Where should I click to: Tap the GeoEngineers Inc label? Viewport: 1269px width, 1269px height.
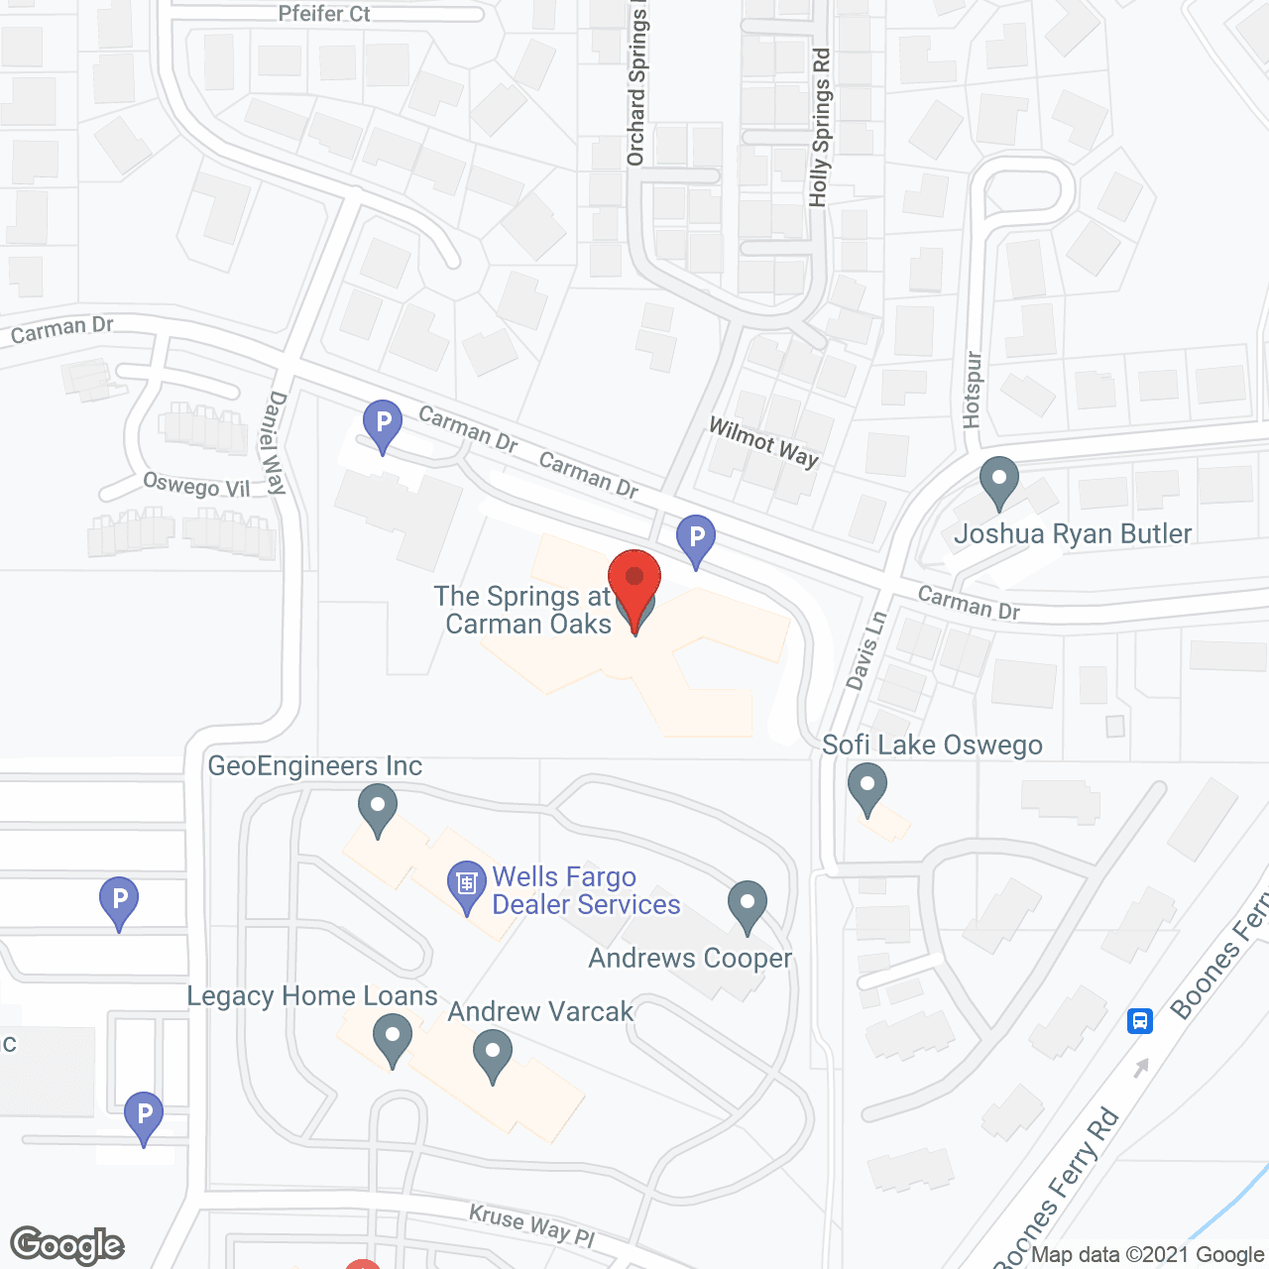tap(314, 766)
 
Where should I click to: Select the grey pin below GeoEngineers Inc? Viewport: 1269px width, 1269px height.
tap(377, 809)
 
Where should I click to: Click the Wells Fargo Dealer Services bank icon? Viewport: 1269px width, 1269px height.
tap(466, 885)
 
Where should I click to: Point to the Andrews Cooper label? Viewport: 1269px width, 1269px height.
tap(690, 958)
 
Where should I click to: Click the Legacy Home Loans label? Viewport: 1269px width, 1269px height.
tap(312, 996)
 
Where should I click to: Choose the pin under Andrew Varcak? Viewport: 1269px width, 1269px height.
tap(493, 1055)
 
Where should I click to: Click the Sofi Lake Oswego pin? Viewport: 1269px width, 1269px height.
tap(867, 788)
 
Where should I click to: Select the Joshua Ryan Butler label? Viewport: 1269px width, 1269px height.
tap(1073, 534)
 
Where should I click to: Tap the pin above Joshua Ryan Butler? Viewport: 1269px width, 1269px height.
tap(999, 482)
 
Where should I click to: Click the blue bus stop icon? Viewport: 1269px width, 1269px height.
tap(1140, 1020)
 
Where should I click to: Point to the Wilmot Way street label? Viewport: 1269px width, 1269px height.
tap(763, 442)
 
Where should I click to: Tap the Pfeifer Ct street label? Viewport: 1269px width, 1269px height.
tap(324, 14)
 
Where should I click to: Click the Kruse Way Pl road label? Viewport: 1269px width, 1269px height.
tap(531, 1225)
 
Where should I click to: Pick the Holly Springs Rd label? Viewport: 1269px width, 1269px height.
tap(820, 128)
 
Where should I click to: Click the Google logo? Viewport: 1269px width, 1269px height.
tap(67, 1245)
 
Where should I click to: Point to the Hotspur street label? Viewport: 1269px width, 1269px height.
tap(972, 390)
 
